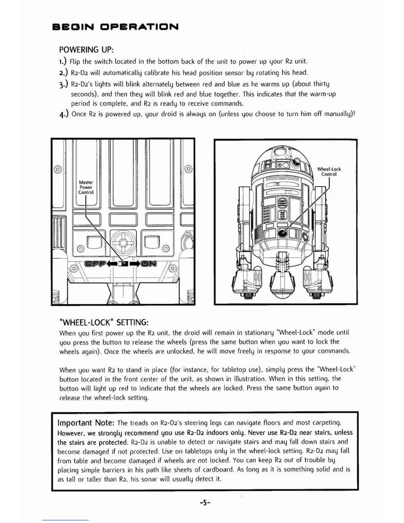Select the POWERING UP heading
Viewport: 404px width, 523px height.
tap(86, 50)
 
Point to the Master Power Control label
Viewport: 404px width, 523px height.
tap(86, 187)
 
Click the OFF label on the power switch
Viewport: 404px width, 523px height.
tap(95, 263)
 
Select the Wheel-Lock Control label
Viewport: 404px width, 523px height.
tap(329, 172)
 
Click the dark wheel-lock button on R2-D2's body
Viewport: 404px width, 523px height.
tap(282, 233)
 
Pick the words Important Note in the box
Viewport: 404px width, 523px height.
tap(86, 423)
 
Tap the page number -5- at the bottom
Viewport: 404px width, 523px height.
tap(205, 503)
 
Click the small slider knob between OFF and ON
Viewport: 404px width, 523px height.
tap(123, 263)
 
